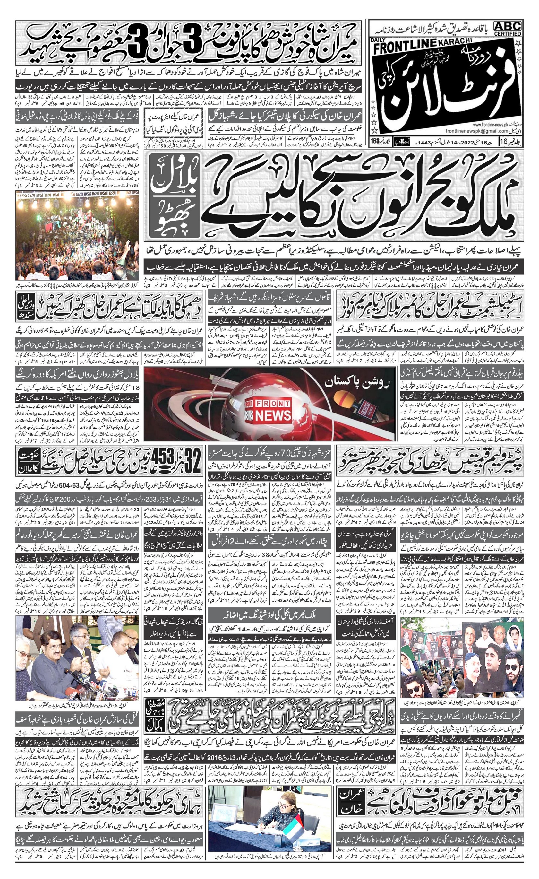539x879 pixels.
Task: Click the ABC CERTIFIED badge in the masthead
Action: click(x=508, y=28)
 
